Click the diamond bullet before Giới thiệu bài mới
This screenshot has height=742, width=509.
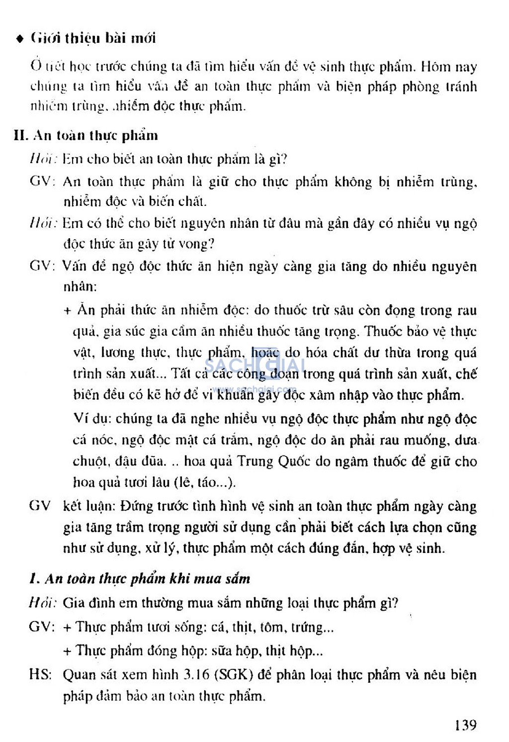pos(20,39)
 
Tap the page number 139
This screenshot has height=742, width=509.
pos(465,725)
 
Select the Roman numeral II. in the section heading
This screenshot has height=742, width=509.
pos(21,135)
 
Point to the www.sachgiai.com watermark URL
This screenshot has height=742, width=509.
pos(254,389)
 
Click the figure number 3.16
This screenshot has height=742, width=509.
pos(196,674)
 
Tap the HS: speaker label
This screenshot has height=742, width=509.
pos(40,674)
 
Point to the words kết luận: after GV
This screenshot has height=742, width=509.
pos(89,506)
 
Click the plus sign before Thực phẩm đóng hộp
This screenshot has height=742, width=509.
pos(68,651)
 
